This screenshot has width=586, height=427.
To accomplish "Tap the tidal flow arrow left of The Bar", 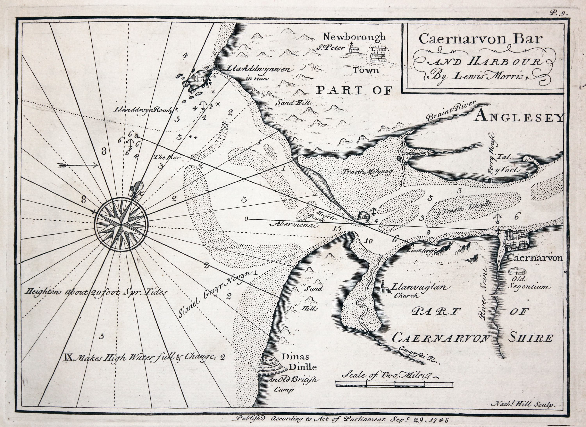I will point(78,165).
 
